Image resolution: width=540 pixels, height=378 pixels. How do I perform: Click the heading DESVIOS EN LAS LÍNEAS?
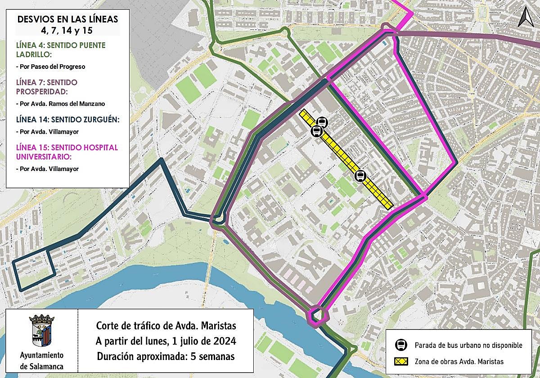pos(67,19)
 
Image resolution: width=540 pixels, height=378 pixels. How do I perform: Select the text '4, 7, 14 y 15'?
pos(67,31)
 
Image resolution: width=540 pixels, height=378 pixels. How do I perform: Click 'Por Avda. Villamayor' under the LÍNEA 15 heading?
pos(47,169)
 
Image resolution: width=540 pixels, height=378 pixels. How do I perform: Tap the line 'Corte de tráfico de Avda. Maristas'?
pos(166,325)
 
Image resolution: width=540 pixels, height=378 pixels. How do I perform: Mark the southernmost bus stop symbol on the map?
pos(360,176)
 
